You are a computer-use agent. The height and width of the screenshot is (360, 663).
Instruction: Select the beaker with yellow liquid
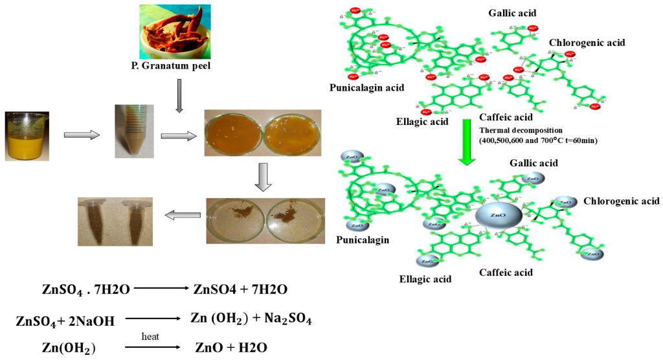pyautogui.click(x=26, y=135)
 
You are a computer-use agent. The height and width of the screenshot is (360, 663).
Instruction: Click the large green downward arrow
pyautogui.click(x=464, y=142)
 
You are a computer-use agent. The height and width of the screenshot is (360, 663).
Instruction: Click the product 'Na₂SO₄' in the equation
pyautogui.click(x=286, y=319)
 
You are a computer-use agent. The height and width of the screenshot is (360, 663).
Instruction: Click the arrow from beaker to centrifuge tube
pyautogui.click(x=82, y=135)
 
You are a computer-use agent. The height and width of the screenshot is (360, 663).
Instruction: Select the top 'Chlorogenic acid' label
pyautogui.click(x=587, y=43)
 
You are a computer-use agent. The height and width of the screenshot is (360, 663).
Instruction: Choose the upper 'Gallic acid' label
pyautogui.click(x=513, y=13)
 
